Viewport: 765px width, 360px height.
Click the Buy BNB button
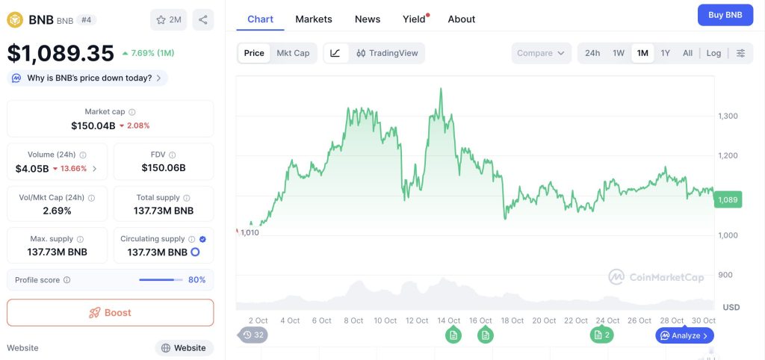[x=725, y=15]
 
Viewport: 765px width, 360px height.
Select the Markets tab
[x=314, y=19]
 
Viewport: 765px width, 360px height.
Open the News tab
[x=368, y=19]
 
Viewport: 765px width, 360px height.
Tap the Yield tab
[x=414, y=19]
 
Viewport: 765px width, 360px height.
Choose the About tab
[x=462, y=19]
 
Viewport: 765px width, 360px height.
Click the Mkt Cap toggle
[x=293, y=53]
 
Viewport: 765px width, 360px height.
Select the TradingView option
[x=387, y=53]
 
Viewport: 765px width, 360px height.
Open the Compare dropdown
[x=542, y=53]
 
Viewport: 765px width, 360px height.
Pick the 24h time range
[x=592, y=53]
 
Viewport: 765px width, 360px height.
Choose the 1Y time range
[x=665, y=53]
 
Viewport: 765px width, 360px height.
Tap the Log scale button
[x=713, y=53]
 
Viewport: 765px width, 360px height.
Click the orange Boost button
[x=110, y=312]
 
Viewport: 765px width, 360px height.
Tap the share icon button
[x=202, y=19]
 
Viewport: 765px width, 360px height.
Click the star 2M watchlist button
[x=168, y=19]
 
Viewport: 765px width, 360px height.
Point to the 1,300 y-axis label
[x=728, y=116]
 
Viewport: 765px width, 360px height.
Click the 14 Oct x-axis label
[x=448, y=320]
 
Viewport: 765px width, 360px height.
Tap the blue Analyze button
[x=684, y=335]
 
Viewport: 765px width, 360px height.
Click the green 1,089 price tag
[x=727, y=199]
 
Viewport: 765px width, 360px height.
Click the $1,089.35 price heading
[x=61, y=53]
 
